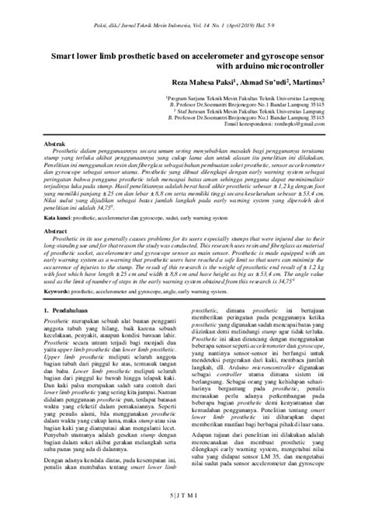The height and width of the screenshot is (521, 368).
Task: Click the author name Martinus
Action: click(305, 82)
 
